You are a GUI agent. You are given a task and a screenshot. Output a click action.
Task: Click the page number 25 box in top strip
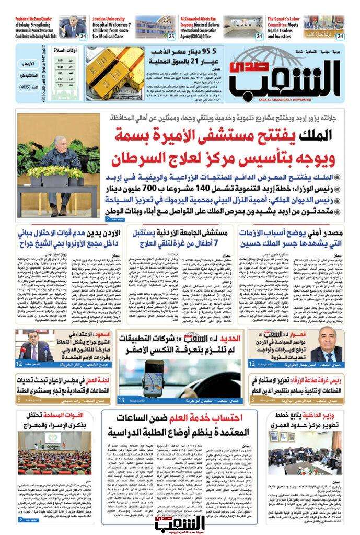(171, 36)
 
